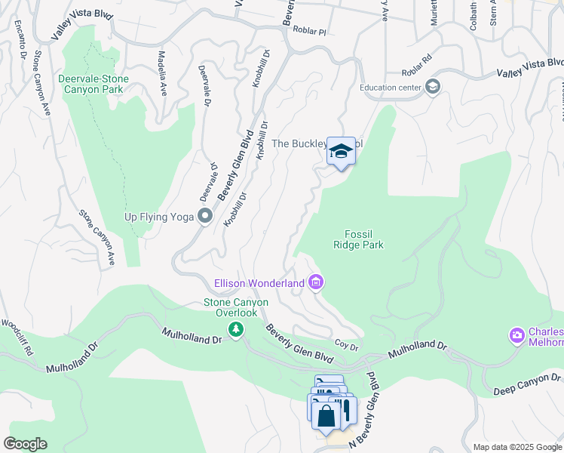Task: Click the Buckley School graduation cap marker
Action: tap(341, 152)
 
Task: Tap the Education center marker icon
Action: tap(433, 87)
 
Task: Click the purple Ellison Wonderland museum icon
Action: tap(316, 283)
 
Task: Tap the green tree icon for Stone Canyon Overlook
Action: tap(236, 328)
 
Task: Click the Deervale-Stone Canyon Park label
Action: tap(93, 84)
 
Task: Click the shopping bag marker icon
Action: tap(326, 414)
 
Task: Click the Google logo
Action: tap(25, 444)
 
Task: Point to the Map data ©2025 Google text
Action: tap(516, 447)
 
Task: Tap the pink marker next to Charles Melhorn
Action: tap(517, 334)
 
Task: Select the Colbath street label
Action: tap(473, 15)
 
